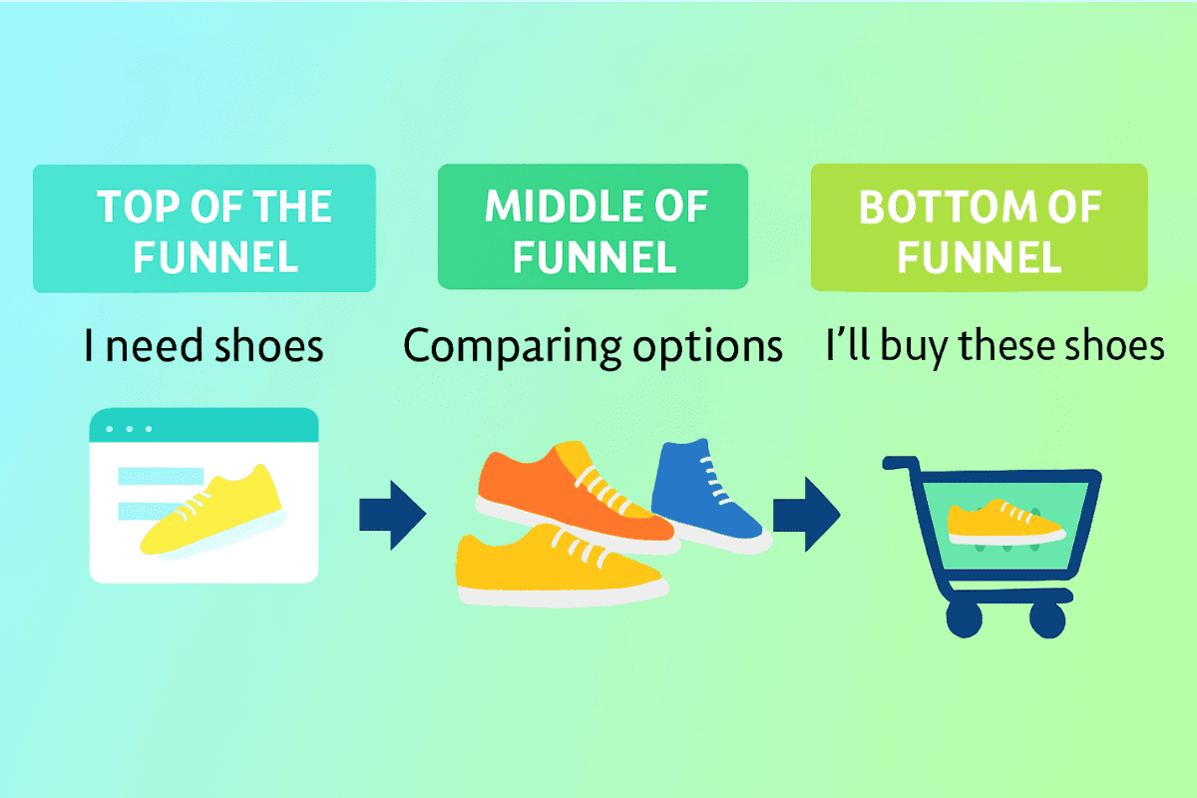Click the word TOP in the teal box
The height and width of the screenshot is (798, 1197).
(x=139, y=206)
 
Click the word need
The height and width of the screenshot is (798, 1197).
(x=155, y=346)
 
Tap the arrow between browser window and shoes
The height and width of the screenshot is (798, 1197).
(x=393, y=516)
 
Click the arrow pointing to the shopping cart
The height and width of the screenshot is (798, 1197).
(x=806, y=514)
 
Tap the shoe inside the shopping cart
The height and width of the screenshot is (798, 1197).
(x=1005, y=523)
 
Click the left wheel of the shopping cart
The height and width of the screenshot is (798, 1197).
(x=965, y=618)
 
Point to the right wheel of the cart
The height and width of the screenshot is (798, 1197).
(x=1048, y=618)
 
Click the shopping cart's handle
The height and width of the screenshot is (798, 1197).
(x=901, y=463)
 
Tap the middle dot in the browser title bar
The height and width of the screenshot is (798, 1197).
(x=130, y=429)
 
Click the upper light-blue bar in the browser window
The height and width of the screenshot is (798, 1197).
(x=161, y=476)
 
